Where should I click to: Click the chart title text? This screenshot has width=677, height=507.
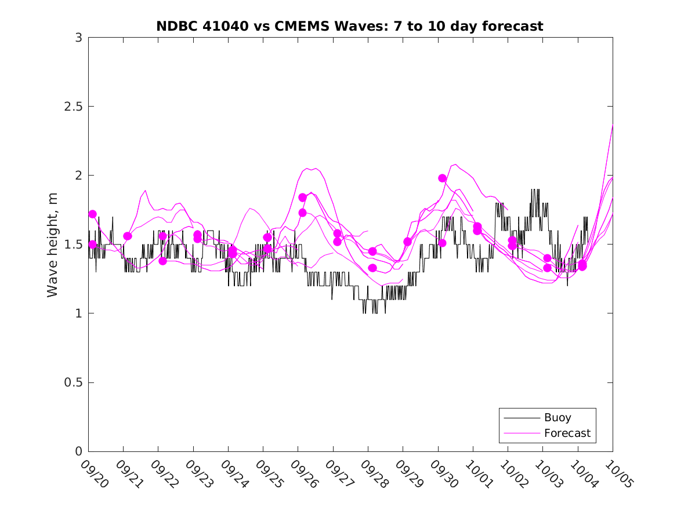click(349, 26)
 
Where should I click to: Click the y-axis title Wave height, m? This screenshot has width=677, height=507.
click(53, 245)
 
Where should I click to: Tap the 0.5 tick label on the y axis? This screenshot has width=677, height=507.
click(74, 382)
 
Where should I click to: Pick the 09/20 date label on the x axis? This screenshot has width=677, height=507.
click(95, 473)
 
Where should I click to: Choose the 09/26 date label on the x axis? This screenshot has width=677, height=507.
click(305, 473)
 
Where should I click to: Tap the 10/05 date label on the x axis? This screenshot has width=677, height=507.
click(619, 473)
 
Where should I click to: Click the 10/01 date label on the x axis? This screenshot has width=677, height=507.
click(479, 473)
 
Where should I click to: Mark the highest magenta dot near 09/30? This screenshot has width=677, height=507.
click(443, 178)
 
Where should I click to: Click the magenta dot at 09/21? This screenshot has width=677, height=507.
click(128, 236)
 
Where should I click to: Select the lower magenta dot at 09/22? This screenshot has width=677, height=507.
click(163, 261)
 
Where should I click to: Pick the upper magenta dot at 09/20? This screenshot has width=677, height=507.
click(93, 214)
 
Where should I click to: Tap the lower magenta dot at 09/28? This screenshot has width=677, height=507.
click(372, 268)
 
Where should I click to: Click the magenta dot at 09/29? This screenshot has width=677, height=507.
click(407, 242)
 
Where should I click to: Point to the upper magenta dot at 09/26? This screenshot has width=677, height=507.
click(302, 198)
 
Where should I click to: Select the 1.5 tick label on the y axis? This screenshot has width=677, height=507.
click(74, 245)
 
